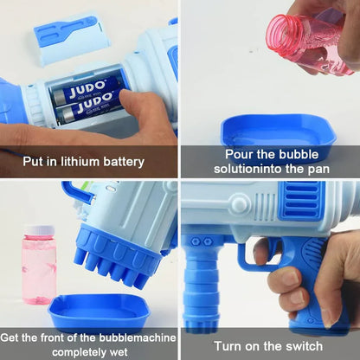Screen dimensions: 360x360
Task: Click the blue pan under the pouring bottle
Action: pos(277,132)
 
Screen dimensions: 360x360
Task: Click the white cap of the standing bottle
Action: pos(39,231)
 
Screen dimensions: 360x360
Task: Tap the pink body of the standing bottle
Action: pos(39,268)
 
